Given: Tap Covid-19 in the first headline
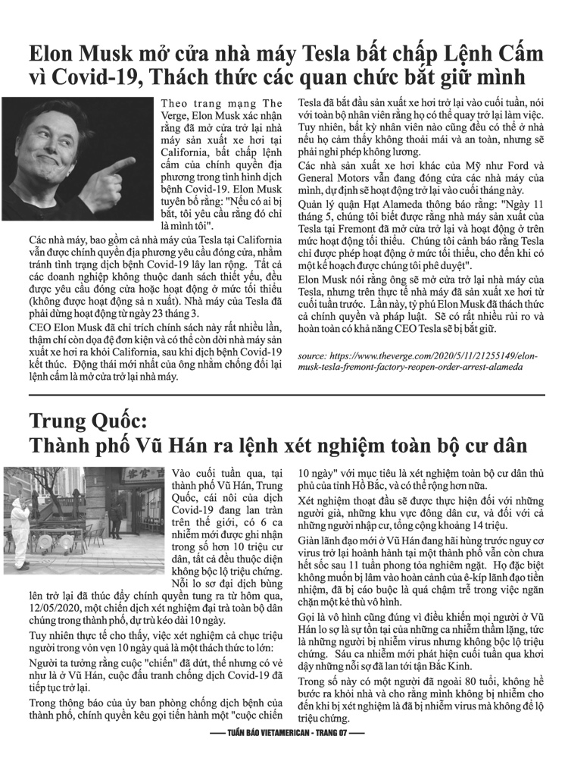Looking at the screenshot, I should click(94, 80).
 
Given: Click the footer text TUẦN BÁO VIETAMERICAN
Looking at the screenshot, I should click(264, 734).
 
